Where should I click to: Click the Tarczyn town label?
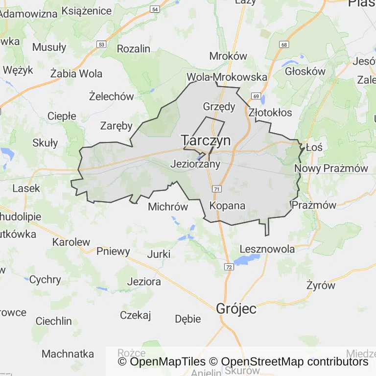click(x=206, y=141)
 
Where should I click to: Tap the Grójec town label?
click(x=236, y=309)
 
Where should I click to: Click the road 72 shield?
click(x=229, y=267)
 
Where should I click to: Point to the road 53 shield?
click(x=101, y=44)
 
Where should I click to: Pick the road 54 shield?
click(x=155, y=9)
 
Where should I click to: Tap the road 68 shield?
click(x=283, y=45)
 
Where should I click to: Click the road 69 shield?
click(x=256, y=96)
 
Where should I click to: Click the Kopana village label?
click(x=227, y=206)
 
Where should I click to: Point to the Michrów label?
click(x=168, y=207)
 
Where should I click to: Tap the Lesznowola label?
click(x=267, y=249)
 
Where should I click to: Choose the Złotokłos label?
click(x=270, y=113)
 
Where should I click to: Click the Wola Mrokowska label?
click(x=227, y=77)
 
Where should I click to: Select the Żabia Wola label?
click(x=76, y=74)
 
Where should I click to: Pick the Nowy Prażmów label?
click(x=331, y=168)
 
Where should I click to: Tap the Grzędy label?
click(x=219, y=106)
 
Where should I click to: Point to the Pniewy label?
click(x=114, y=252)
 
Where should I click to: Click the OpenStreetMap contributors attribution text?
click(x=295, y=362)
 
